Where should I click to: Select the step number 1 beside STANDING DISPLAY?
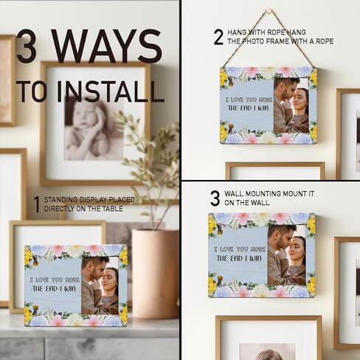[36, 204]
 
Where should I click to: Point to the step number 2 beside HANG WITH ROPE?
[218, 37]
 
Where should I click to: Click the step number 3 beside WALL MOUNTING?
[215, 198]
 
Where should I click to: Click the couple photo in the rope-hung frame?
[291, 105]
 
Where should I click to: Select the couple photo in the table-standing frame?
[100, 284]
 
